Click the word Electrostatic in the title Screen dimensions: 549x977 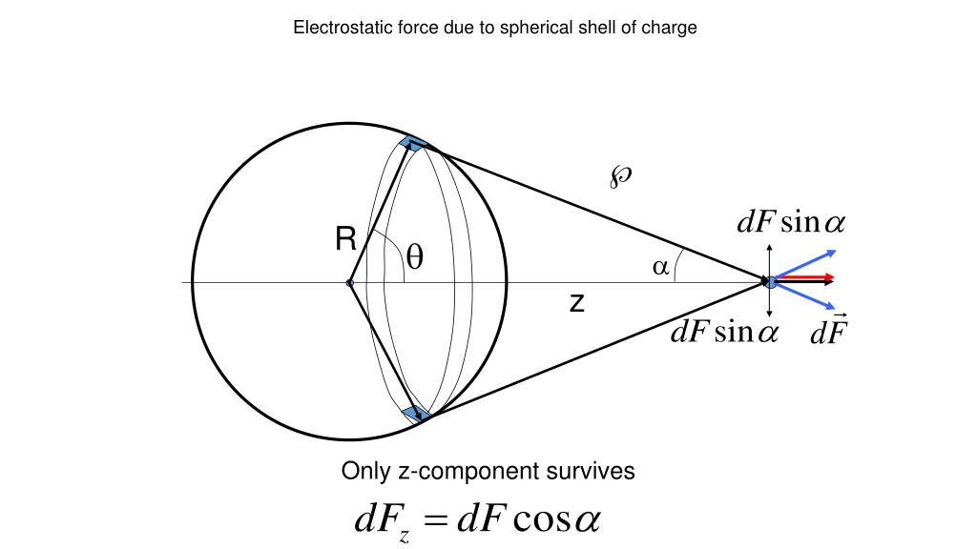pos(338,28)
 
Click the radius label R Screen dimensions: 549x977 pos(345,239)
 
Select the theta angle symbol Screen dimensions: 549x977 pos(415,257)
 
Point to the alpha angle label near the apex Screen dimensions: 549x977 pos(660,268)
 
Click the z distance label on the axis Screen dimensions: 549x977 pos(576,303)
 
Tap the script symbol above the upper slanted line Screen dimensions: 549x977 pos(620,174)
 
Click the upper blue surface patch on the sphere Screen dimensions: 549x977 pos(413,144)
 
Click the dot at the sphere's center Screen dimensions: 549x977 pos(350,283)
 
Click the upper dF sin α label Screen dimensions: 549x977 pos(790,223)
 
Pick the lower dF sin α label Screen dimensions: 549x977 pos(724,332)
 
